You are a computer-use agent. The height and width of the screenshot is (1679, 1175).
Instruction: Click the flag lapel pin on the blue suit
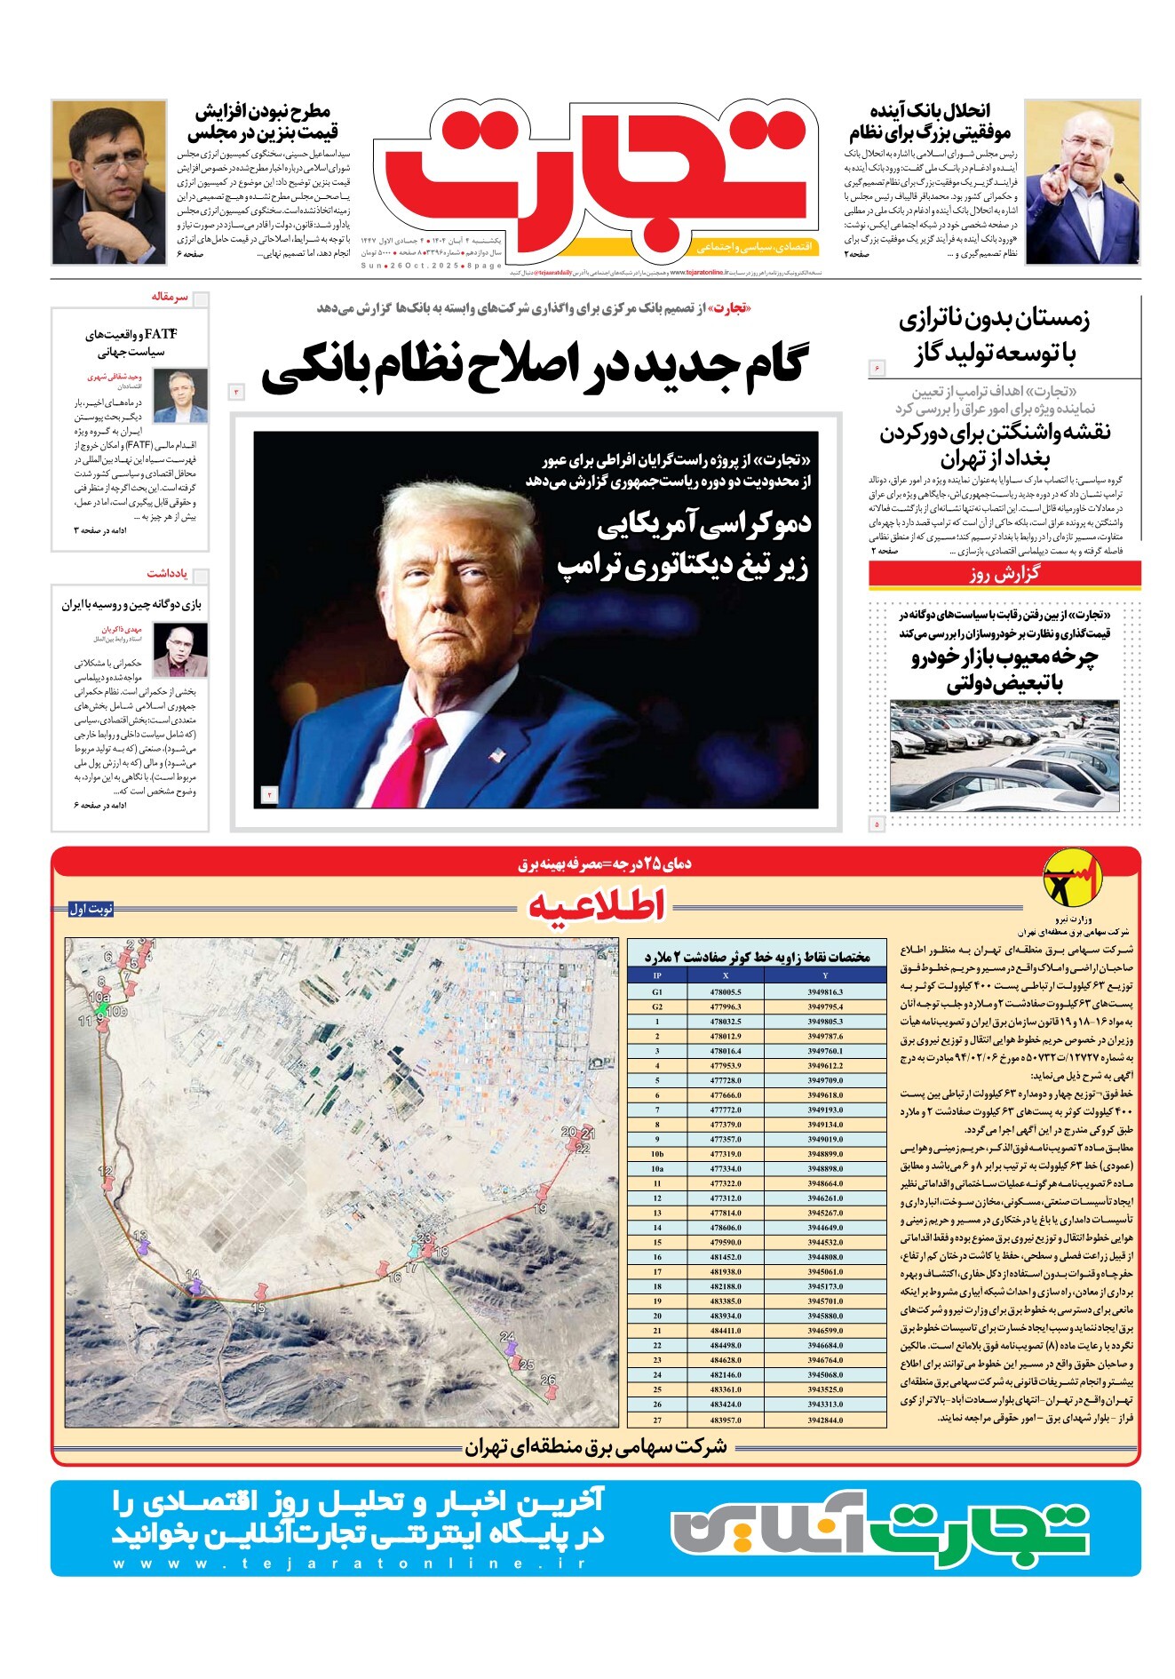tap(496, 756)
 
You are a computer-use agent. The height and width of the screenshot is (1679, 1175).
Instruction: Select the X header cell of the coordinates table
tap(726, 975)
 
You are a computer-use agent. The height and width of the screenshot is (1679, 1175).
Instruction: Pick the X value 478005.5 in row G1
tap(726, 991)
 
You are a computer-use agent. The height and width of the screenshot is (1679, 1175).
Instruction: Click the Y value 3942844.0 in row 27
tap(825, 1420)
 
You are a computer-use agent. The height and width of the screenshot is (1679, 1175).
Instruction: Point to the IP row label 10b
tap(657, 1154)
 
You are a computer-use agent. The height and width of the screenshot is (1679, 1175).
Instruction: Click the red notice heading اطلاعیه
tap(596, 906)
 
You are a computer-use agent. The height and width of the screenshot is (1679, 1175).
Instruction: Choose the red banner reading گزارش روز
tap(1004, 574)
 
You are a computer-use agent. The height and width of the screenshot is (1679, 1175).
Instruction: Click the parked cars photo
tap(1004, 755)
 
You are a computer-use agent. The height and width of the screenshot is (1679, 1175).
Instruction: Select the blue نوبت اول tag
tap(91, 909)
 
